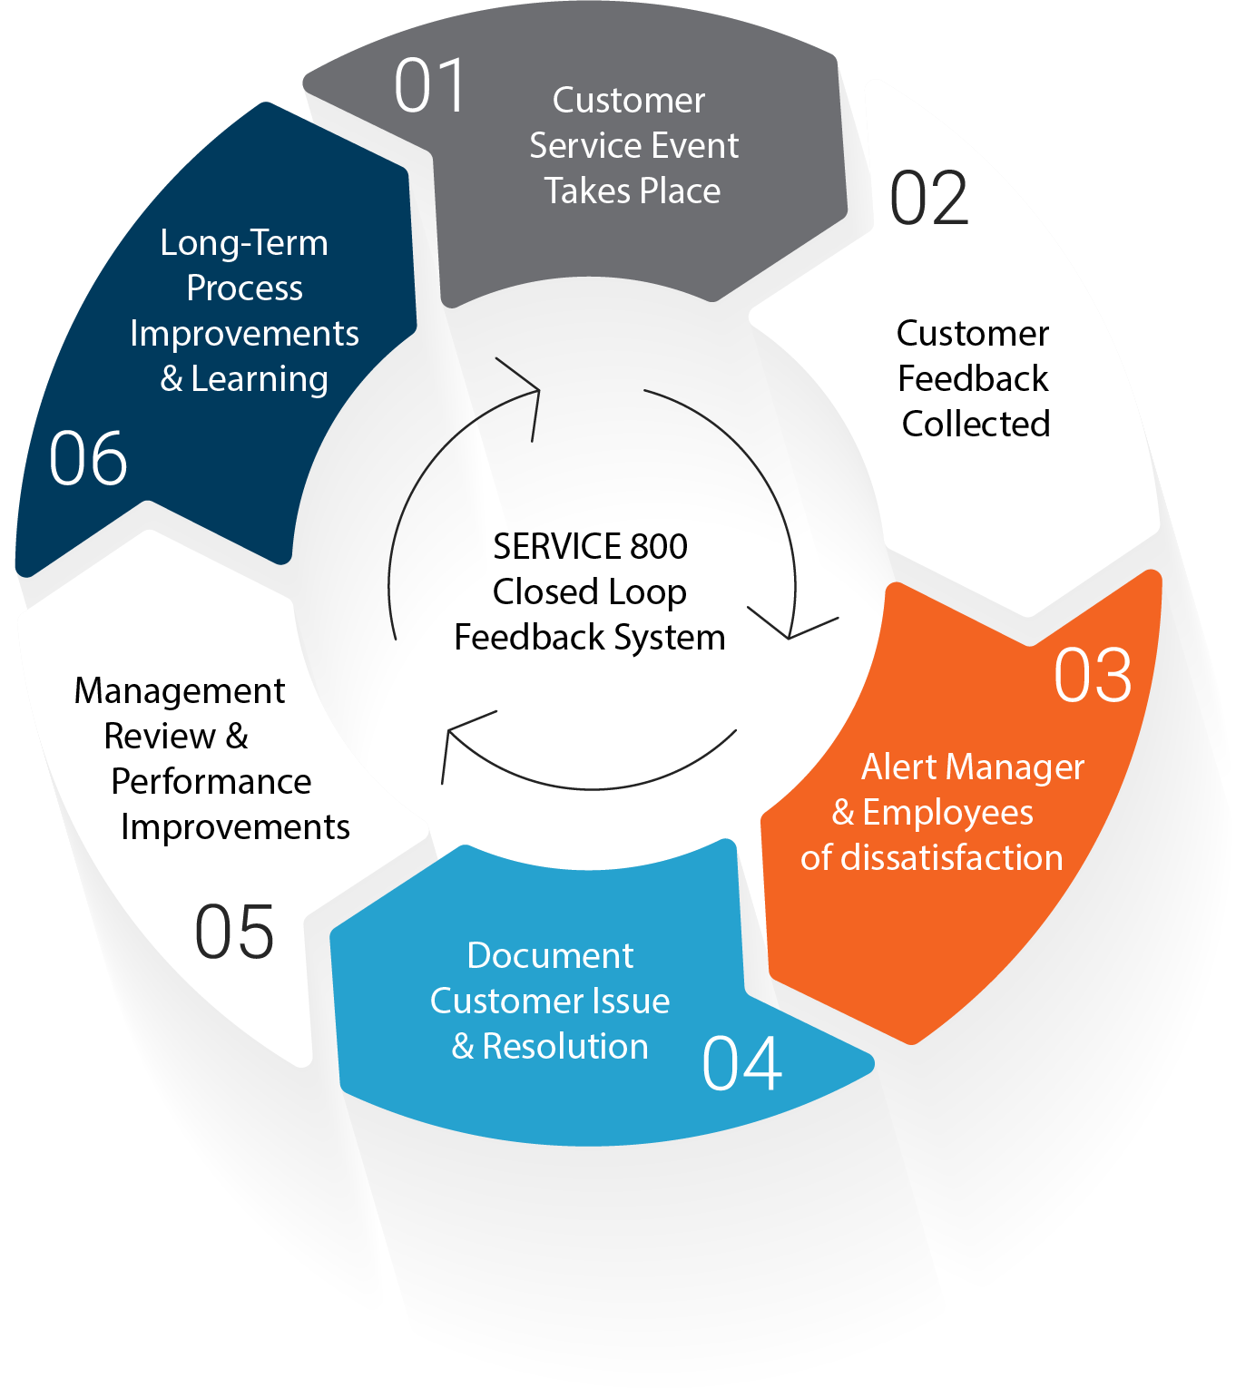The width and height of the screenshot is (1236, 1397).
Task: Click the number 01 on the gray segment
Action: click(x=430, y=86)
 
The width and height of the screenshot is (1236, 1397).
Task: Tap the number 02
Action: click(x=929, y=199)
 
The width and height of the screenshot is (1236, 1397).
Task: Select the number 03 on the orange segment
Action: click(x=1093, y=676)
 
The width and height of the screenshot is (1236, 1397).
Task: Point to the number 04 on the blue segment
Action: click(x=741, y=1064)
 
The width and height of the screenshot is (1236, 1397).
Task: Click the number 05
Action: click(x=234, y=932)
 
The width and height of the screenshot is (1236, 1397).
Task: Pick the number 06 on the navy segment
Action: click(x=88, y=459)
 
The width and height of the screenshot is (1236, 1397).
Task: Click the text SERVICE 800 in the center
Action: click(x=590, y=547)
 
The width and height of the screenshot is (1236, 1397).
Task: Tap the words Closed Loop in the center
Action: click(x=590, y=592)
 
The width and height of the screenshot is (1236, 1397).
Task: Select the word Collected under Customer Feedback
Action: click(x=976, y=424)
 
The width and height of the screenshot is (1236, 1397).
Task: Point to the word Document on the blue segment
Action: click(x=550, y=956)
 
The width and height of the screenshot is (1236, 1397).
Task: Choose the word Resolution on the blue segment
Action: click(x=565, y=1047)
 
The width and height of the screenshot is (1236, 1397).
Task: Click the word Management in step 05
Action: click(x=180, y=691)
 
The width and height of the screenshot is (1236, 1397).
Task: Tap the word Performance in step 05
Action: click(x=211, y=782)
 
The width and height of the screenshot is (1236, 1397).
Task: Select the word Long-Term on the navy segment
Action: click(x=244, y=243)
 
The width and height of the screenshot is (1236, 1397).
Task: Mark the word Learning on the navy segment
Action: click(x=260, y=379)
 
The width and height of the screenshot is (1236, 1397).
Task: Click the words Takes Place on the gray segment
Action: click(x=633, y=191)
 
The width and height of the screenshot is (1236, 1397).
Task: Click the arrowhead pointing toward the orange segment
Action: click(x=790, y=630)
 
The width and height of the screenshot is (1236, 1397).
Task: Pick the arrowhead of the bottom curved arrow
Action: click(x=451, y=733)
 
